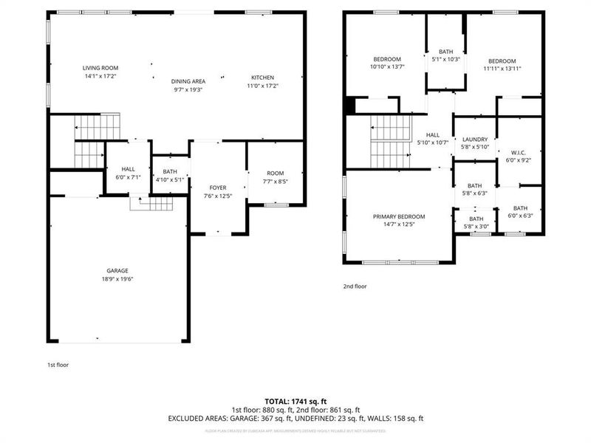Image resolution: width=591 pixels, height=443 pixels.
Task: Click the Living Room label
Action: (100, 67)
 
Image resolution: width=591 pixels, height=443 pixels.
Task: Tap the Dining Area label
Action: (188, 81)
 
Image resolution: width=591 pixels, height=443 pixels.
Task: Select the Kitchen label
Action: (262, 78)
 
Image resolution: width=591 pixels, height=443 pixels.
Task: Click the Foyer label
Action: (217, 188)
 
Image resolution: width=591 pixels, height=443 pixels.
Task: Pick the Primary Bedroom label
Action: (399, 216)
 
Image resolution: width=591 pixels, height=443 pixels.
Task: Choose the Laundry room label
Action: (474, 139)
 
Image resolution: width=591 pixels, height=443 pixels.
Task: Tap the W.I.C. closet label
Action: (519, 151)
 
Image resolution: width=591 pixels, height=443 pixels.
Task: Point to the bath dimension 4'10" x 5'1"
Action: (170, 179)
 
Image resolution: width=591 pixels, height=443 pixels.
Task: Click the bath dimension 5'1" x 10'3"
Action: (446, 60)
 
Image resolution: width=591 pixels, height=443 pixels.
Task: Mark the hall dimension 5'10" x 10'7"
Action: (432, 143)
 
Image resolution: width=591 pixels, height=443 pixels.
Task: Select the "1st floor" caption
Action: (58, 364)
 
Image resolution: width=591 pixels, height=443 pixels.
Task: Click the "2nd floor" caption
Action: (355, 286)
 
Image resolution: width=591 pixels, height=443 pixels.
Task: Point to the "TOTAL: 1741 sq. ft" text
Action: (295, 402)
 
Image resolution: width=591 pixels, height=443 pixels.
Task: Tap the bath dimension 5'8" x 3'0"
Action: (476, 227)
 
